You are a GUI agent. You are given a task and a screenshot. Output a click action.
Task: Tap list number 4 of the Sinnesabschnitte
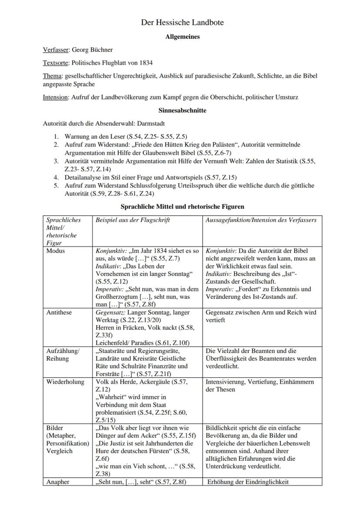pyautogui.click(x=56, y=177)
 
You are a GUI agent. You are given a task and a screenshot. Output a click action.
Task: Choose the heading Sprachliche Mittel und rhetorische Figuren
pyautogui.click(x=182, y=206)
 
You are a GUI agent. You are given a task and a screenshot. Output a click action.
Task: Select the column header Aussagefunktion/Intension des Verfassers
pyautogui.click(x=261, y=220)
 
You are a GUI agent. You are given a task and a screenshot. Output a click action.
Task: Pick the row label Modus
pyautogui.click(x=55, y=251)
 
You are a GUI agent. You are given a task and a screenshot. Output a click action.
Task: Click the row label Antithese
pyautogui.click(x=59, y=313)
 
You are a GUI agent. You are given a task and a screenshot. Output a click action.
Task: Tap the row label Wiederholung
pyautogui.click(x=64, y=382)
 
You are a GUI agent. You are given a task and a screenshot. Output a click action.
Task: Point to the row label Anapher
pyautogui.click(x=57, y=482)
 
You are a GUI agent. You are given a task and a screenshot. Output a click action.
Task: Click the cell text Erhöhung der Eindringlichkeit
pyautogui.click(x=248, y=482)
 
